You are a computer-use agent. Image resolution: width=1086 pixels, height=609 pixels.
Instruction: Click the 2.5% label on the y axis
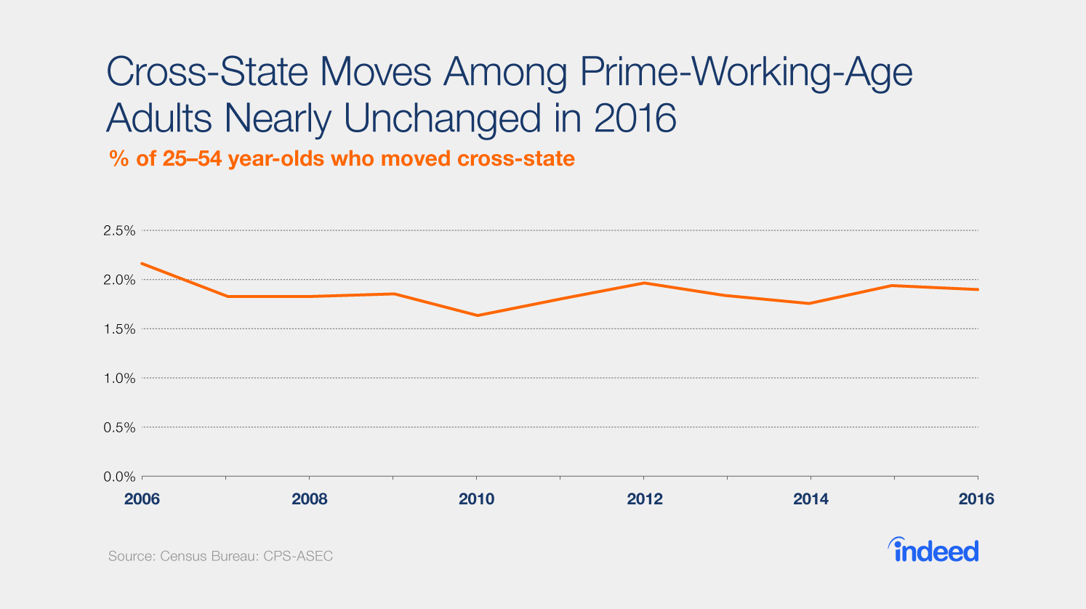(x=120, y=230)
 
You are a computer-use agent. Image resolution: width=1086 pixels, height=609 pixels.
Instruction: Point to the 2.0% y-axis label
(x=120, y=280)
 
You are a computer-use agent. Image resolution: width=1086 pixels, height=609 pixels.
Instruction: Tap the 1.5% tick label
(x=120, y=329)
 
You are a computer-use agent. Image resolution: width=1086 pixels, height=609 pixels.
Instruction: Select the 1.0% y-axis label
(x=120, y=379)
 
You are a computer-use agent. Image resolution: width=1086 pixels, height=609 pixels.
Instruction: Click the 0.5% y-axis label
(x=120, y=428)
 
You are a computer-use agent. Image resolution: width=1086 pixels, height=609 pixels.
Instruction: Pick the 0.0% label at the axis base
(x=120, y=477)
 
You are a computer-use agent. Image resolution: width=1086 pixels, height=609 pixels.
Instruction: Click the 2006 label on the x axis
(x=142, y=499)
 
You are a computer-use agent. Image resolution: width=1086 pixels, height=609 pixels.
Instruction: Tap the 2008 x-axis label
(x=310, y=499)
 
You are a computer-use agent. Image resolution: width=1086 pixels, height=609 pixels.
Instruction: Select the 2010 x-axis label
(x=477, y=499)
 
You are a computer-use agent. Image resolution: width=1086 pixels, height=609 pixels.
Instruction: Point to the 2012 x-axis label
(x=645, y=499)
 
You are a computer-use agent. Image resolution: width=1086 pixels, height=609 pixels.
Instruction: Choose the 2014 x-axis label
(x=811, y=499)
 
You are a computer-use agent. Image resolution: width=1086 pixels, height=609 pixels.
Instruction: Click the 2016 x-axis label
(x=976, y=499)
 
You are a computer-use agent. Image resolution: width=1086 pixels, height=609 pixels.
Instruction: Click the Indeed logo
(x=933, y=550)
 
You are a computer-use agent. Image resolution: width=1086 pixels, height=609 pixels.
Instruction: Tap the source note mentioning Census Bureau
(x=220, y=557)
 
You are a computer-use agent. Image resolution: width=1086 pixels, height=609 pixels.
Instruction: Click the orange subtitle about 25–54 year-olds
(x=342, y=158)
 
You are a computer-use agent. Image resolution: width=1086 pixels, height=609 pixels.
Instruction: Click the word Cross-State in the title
(x=205, y=73)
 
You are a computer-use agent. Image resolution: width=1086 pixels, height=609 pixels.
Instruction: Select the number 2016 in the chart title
(x=635, y=118)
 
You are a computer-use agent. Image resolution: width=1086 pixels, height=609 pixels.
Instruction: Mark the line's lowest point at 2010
(x=477, y=315)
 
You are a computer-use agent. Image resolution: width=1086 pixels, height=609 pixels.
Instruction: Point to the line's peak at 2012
(x=644, y=283)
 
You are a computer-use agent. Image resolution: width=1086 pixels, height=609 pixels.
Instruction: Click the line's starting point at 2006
(x=142, y=263)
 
